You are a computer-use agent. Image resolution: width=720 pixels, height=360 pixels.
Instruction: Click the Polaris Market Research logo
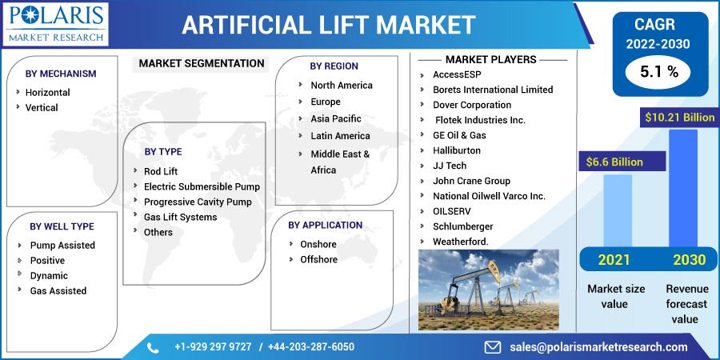pos(55,24)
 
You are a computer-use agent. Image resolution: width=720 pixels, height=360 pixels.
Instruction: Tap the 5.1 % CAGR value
pos(659,72)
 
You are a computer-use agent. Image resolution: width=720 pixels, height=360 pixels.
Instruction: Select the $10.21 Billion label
pos(679,118)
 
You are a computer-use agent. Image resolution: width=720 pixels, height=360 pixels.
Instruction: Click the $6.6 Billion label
pos(614,162)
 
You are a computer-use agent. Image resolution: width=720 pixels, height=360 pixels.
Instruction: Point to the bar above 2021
pos(617,210)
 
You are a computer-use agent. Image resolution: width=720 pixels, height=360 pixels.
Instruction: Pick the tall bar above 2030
pos(683,188)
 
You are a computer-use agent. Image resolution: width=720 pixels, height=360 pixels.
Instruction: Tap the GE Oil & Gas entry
pos(459,135)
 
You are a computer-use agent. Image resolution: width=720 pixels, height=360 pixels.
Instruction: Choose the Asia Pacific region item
pos(336,118)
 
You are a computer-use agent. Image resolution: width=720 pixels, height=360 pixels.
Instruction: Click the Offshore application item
pos(318,259)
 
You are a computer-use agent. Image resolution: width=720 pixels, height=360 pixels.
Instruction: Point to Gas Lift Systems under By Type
pos(181,217)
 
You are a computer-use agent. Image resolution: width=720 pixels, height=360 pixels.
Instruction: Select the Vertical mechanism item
pos(42,107)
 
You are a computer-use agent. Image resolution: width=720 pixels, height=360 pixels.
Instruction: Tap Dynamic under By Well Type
pos(49,275)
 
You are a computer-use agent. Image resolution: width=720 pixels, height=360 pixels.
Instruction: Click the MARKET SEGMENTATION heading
pos(202,63)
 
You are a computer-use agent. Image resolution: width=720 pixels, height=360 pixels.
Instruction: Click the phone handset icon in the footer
pos(153,348)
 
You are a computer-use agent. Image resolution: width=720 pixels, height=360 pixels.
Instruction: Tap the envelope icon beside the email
pos(493,347)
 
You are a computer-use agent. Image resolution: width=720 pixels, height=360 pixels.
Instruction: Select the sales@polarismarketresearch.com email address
pos(598,347)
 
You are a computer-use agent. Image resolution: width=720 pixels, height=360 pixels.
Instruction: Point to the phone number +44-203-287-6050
pos(311,347)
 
